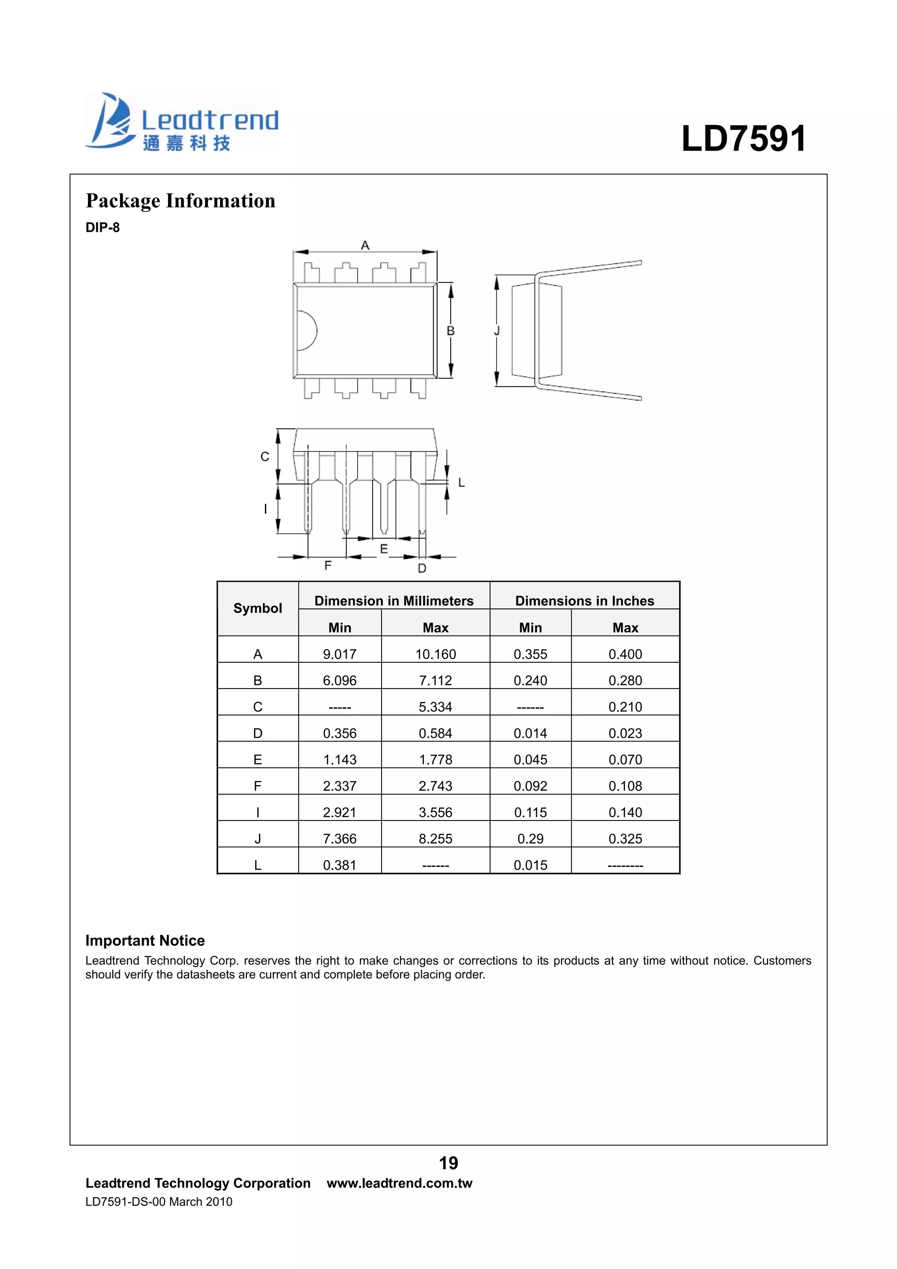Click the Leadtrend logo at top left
(x=181, y=122)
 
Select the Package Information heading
(x=180, y=201)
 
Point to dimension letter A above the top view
(x=365, y=245)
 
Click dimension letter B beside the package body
(x=450, y=331)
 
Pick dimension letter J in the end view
(x=496, y=331)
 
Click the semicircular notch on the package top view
(x=306, y=331)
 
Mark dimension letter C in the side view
(x=265, y=456)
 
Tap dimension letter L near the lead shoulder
(x=462, y=483)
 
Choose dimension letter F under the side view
(x=328, y=566)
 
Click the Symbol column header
(x=258, y=608)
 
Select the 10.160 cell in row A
(x=435, y=654)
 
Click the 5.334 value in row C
(x=435, y=707)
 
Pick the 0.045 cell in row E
(x=530, y=760)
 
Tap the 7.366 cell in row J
(x=339, y=838)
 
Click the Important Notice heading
(x=145, y=940)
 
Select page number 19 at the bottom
(x=448, y=1163)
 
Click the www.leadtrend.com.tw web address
(x=399, y=1183)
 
